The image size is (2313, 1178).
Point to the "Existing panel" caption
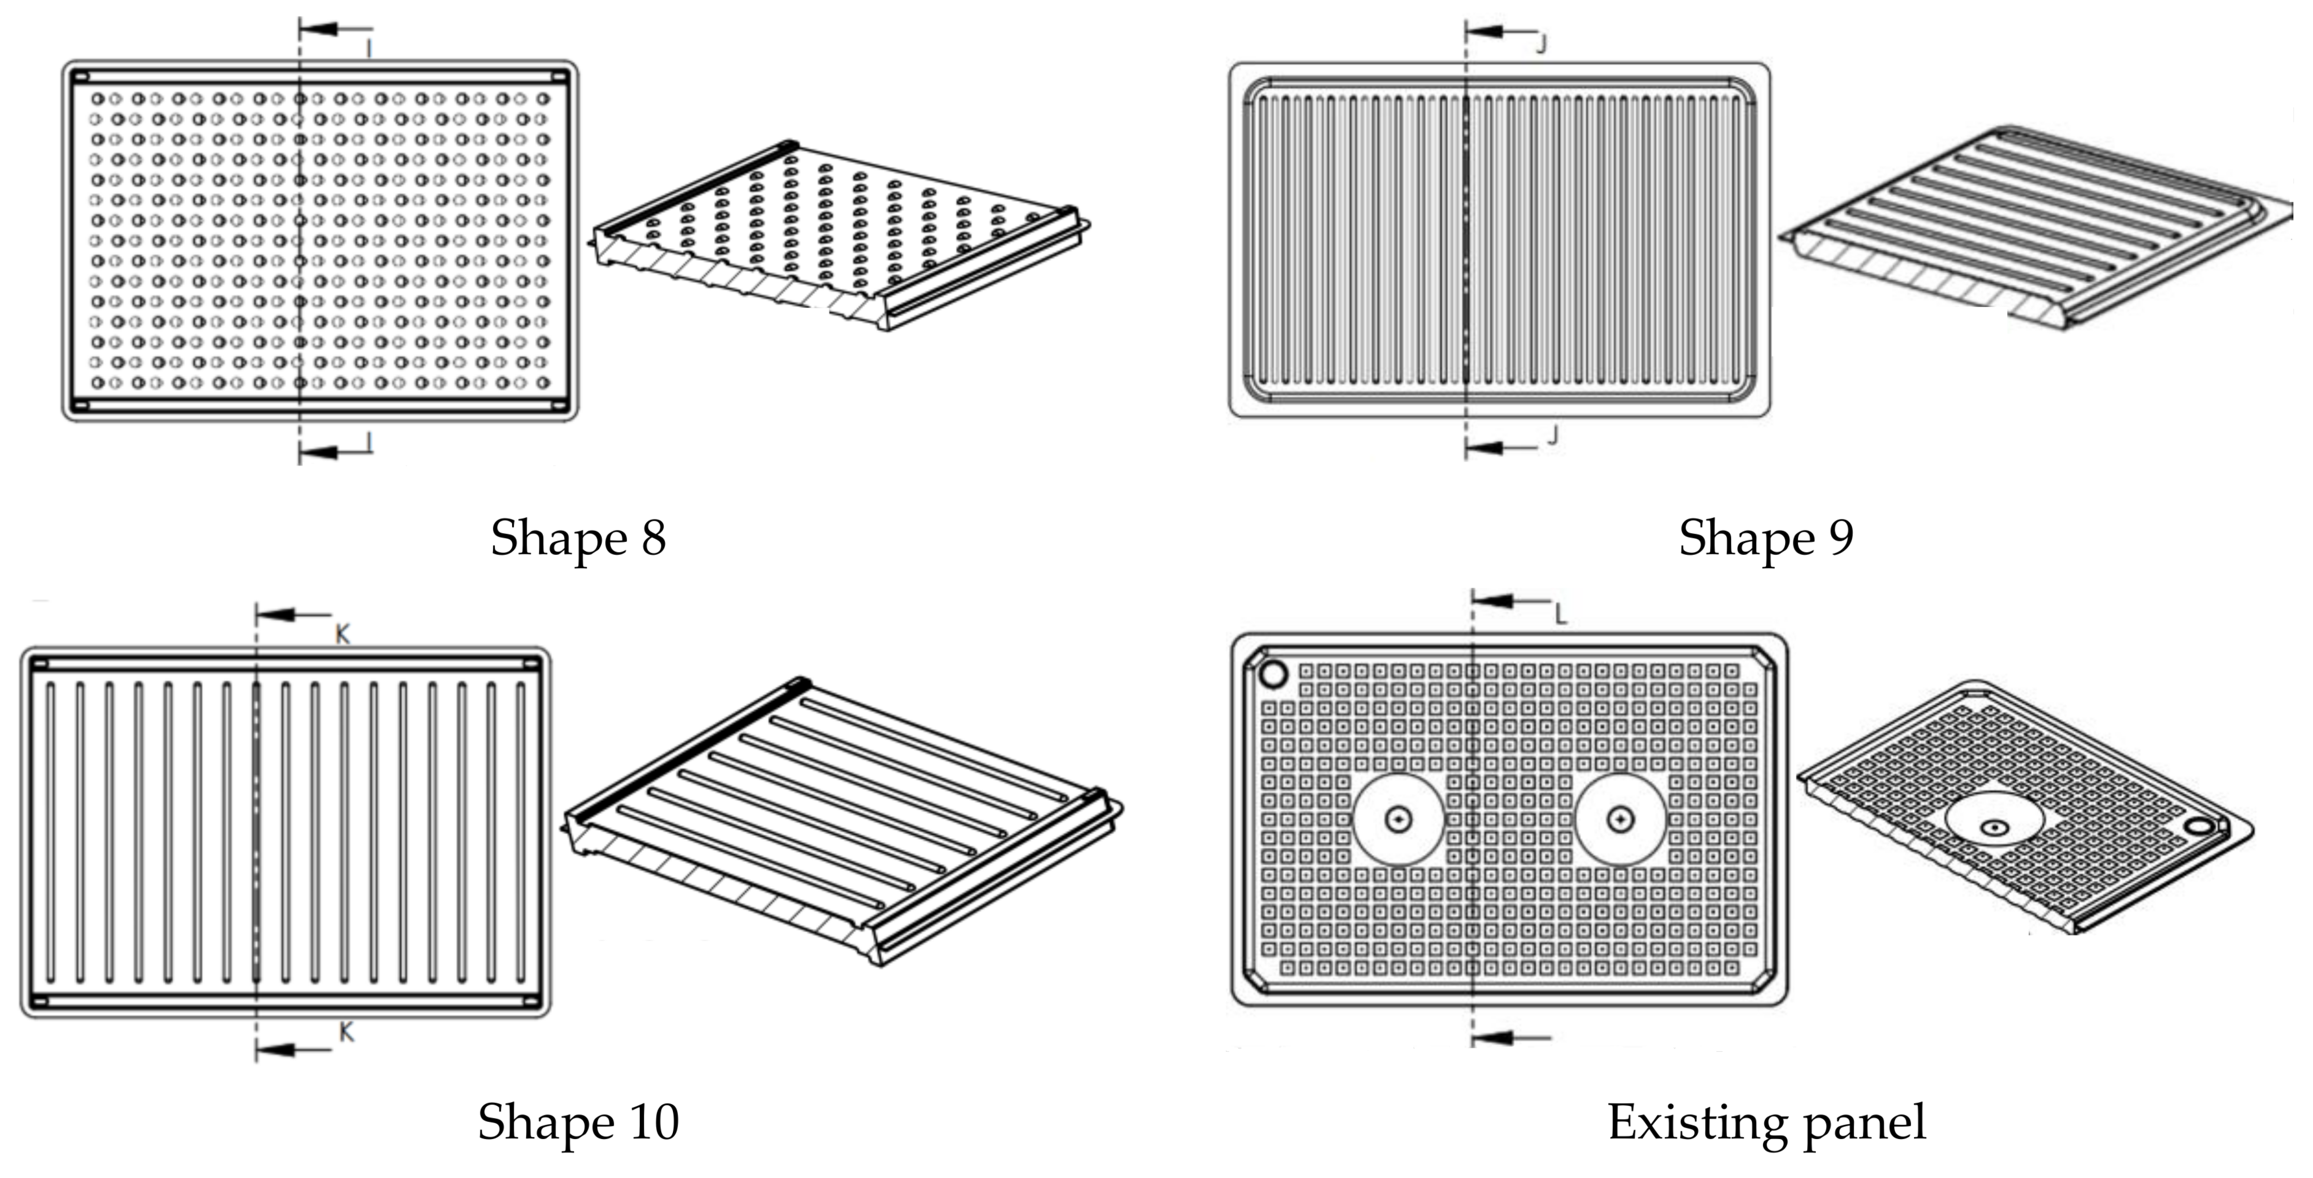pos(1765,1122)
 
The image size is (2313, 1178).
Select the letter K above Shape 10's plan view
pos(342,635)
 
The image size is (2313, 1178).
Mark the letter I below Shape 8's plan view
pos(369,442)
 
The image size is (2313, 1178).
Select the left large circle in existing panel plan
pos(1398,819)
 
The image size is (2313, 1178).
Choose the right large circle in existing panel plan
pos(1620,819)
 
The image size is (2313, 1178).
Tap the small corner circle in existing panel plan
pos(1273,673)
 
